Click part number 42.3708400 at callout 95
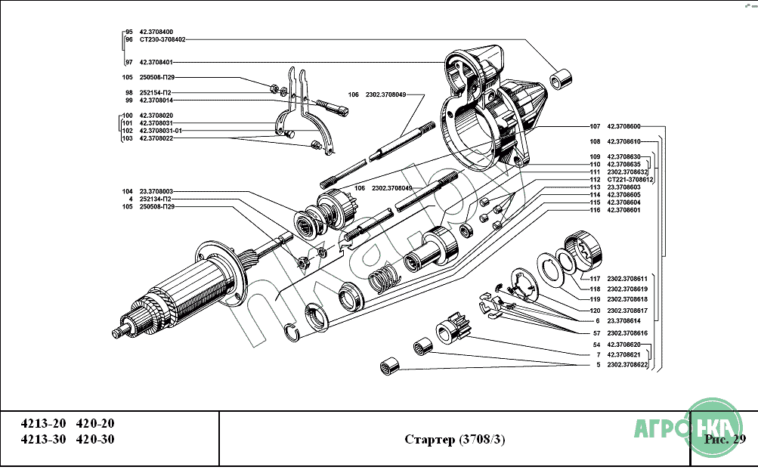pyautogui.click(x=156, y=32)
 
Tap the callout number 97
pyautogui.click(x=129, y=62)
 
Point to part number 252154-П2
pyautogui.click(x=156, y=92)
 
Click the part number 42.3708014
pyautogui.click(x=156, y=100)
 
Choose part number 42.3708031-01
pyautogui.click(x=161, y=131)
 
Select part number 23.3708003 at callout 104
pyautogui.click(x=156, y=191)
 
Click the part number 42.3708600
pyautogui.click(x=623, y=126)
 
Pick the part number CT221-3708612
pyautogui.click(x=630, y=180)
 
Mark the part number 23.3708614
pyautogui.click(x=623, y=321)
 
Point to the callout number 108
pyautogui.click(x=595, y=141)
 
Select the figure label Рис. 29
pyautogui.click(x=724, y=439)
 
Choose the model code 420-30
pyautogui.click(x=95, y=440)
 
